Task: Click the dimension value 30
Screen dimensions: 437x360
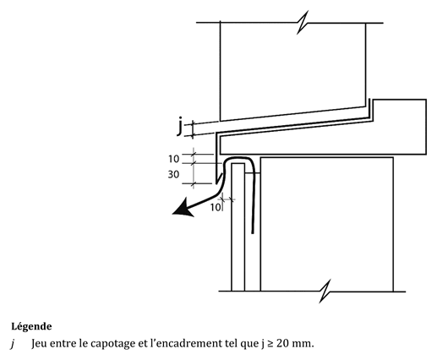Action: tap(173, 175)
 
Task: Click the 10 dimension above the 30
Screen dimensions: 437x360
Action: tap(174, 159)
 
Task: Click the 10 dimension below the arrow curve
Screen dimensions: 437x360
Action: tap(216, 207)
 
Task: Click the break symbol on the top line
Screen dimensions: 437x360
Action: tap(303, 23)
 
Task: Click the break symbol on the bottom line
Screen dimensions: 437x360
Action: tap(325, 292)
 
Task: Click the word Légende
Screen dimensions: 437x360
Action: tap(31, 327)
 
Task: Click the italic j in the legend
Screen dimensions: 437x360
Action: tap(13, 344)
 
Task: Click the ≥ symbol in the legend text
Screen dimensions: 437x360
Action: tap(270, 344)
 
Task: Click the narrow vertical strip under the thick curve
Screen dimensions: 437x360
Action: tap(238, 227)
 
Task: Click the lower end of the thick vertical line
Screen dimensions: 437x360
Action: tap(253, 233)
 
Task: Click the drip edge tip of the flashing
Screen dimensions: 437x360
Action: tap(216, 183)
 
